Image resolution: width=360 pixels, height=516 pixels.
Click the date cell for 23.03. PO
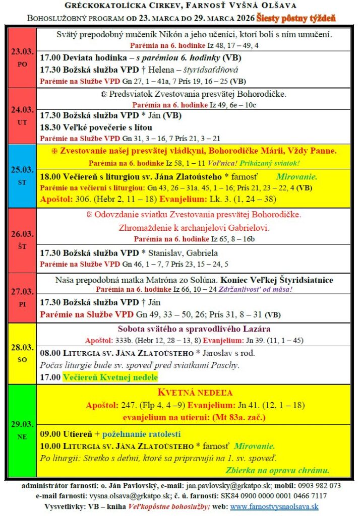pos(22,58)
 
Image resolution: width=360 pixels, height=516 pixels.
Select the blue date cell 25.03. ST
pos(22,175)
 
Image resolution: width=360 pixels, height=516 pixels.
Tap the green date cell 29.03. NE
pos(22,430)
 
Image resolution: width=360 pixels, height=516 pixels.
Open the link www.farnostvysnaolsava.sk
pos(273,506)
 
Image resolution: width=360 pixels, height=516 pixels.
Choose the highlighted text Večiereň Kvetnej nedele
pos(110,377)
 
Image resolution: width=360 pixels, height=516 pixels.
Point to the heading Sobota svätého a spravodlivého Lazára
pos(198,329)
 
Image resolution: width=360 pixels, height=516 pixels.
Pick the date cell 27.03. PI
pos(22,297)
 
